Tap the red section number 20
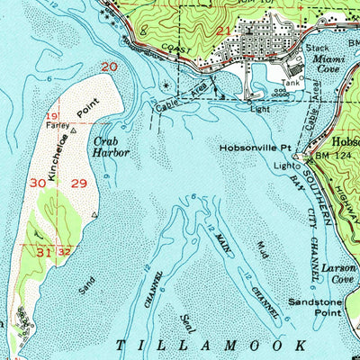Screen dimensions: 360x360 pos(109,67)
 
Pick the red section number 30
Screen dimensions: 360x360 pos(37,183)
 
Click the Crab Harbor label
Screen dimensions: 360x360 pos(110,147)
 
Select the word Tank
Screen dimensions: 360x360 pos(290,82)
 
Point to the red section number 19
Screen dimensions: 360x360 pos(52,118)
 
